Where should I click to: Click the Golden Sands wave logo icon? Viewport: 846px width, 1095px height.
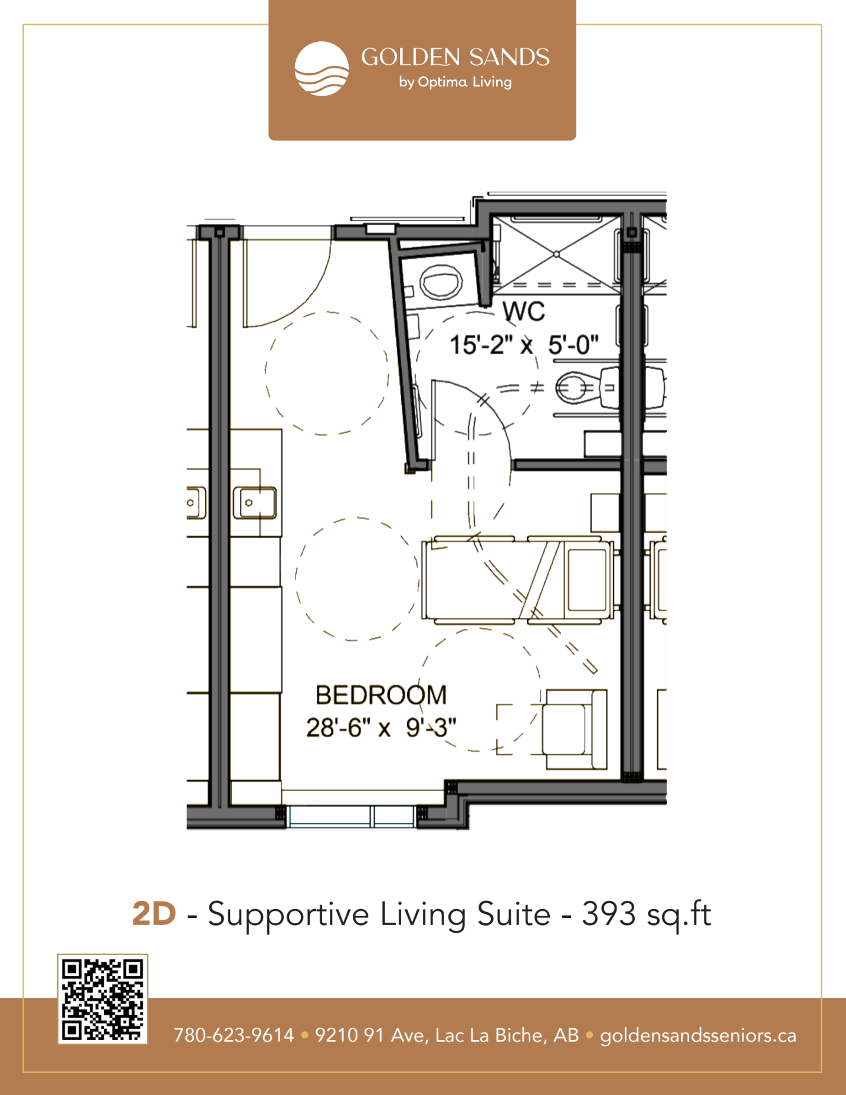pos(322,68)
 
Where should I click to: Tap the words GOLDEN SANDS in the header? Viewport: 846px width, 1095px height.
pos(455,57)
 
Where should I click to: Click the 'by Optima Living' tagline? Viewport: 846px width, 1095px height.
pos(455,82)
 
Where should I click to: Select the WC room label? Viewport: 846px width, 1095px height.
pos(524,312)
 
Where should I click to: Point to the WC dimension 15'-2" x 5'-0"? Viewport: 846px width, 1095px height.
pos(524,345)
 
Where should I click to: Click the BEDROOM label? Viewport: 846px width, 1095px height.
pos(381,695)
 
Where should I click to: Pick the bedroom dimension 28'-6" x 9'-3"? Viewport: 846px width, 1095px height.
pos(381,727)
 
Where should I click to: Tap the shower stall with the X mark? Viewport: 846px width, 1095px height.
pos(556,254)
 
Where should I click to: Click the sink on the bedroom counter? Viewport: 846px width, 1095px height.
pos(255,503)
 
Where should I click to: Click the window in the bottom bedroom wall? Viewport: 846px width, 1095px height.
pos(352,816)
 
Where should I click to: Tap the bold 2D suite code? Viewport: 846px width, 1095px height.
pos(154,914)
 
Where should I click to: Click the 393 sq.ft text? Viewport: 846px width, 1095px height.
pos(647,914)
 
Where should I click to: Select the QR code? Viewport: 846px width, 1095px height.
pos(103,999)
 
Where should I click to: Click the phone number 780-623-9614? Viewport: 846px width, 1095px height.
pos(234,1035)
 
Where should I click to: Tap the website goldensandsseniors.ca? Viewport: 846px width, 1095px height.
pos(698,1036)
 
